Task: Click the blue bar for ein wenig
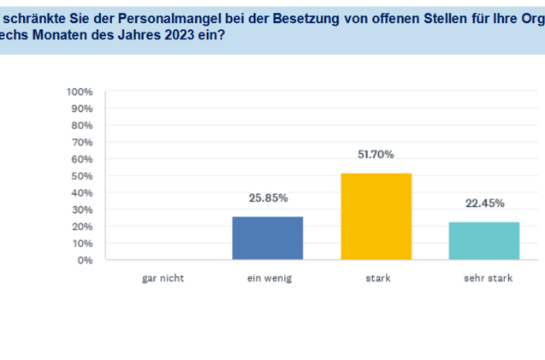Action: [x=268, y=239]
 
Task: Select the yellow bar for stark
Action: [x=376, y=217]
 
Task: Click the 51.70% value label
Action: [x=376, y=155]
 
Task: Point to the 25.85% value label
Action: [x=268, y=198]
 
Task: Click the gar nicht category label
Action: [x=159, y=278]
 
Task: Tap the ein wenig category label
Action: [x=268, y=278]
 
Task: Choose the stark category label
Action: [x=376, y=278]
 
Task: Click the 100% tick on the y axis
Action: [x=80, y=91]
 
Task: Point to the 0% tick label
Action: [x=86, y=260]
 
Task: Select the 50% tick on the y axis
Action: [x=82, y=176]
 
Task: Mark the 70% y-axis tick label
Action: [x=82, y=142]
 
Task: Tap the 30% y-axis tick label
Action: [x=82, y=210]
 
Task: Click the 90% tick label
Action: [x=82, y=109]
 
